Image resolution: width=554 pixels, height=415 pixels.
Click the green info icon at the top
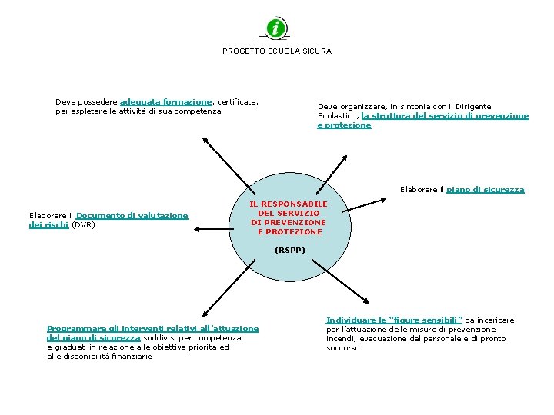[276, 28]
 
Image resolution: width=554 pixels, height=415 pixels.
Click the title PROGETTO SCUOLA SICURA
[277, 51]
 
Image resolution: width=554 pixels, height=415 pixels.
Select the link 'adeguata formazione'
[166, 101]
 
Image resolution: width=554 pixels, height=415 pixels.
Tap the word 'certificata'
[238, 101]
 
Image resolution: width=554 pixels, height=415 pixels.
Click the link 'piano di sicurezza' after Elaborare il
[486, 190]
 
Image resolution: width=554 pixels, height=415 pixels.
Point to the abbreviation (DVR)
[83, 225]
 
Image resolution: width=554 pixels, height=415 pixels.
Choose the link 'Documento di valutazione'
[132, 216]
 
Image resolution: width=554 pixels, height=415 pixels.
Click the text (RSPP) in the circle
[289, 251]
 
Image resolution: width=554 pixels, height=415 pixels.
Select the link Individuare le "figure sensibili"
[394, 320]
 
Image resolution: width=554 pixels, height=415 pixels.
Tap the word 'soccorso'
[342, 348]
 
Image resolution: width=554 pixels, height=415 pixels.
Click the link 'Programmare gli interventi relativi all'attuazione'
[152, 329]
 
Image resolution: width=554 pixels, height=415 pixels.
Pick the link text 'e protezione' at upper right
[344, 125]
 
